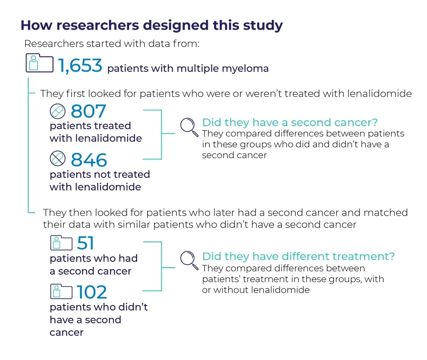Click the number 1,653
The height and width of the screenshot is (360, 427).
click(x=80, y=66)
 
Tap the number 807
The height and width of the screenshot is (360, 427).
click(x=88, y=111)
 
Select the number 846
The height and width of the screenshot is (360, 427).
click(x=89, y=160)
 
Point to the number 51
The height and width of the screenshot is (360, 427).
click(x=86, y=243)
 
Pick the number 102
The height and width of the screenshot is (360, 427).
click(x=92, y=292)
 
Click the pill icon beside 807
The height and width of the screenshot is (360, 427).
click(x=58, y=111)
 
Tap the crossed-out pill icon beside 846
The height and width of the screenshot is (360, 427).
click(x=58, y=158)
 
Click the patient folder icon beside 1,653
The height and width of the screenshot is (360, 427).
click(x=40, y=63)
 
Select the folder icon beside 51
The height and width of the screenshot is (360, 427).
click(x=61, y=243)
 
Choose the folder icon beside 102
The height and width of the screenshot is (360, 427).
click(x=61, y=292)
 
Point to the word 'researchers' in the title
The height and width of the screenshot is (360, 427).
click(x=98, y=25)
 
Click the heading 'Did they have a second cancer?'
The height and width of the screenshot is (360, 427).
click(x=290, y=123)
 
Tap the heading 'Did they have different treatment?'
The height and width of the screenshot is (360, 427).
click(x=298, y=256)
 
